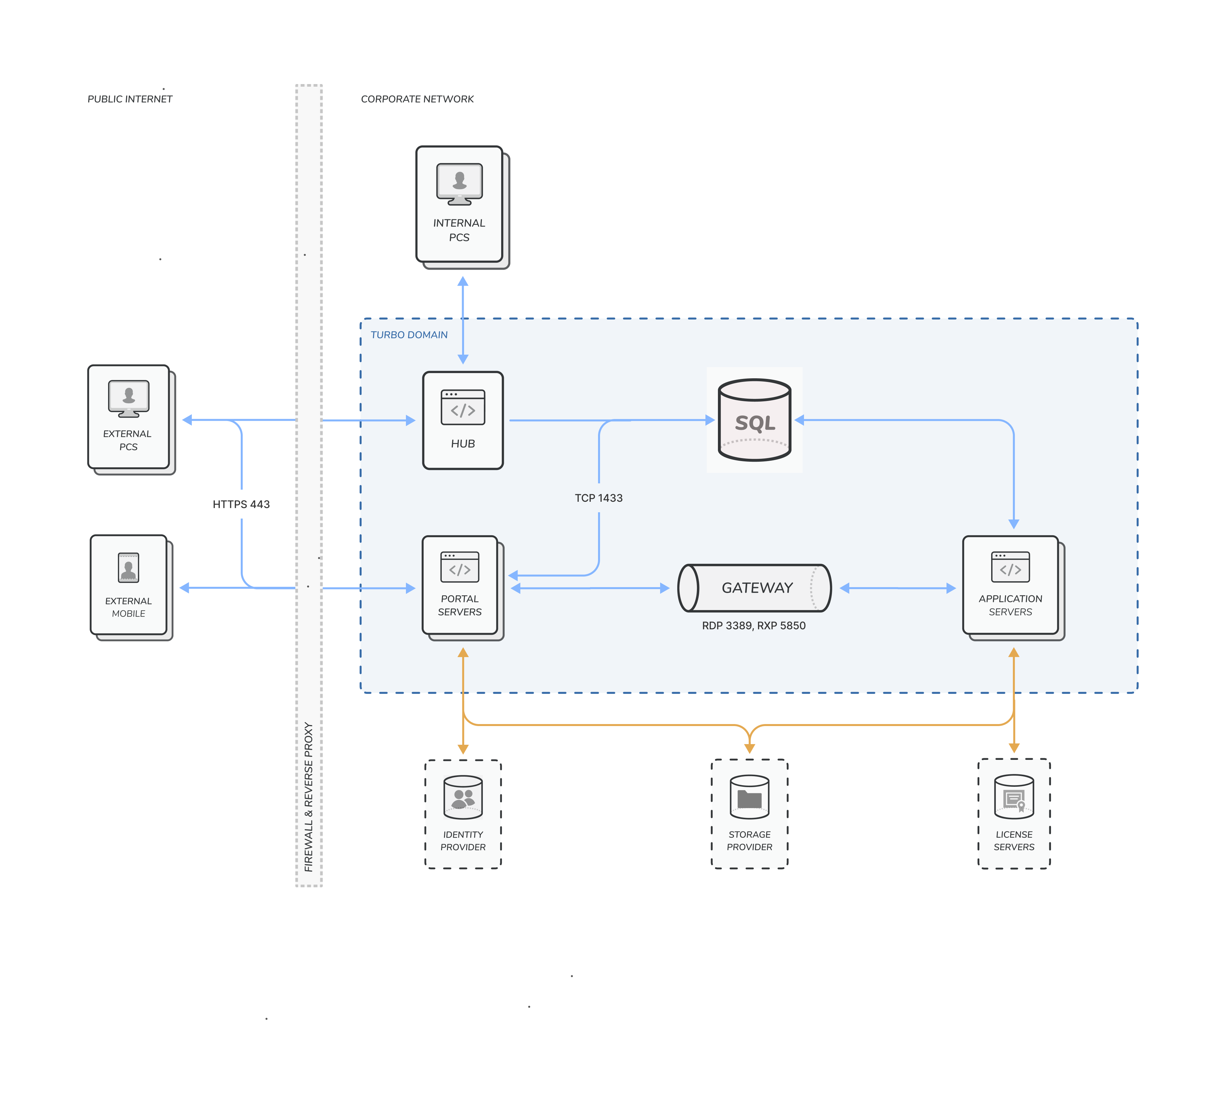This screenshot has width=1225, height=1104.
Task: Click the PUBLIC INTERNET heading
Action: click(x=130, y=99)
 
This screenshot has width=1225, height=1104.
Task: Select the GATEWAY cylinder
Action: click(x=754, y=588)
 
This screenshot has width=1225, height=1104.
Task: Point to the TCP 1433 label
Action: click(x=598, y=498)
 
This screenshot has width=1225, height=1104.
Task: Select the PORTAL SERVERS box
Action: click(x=460, y=586)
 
